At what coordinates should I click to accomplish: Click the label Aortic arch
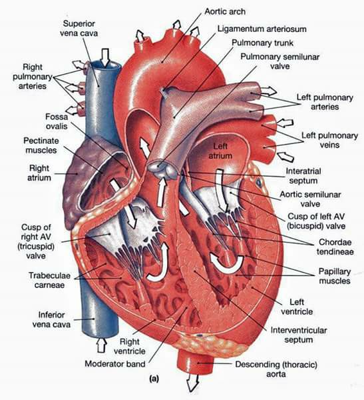pos(225,12)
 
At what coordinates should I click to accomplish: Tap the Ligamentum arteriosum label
pos(262,29)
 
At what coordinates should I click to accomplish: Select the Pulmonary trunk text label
pos(262,43)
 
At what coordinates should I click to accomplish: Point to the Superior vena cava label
pos(79,28)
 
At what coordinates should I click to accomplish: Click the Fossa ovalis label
pos(57,121)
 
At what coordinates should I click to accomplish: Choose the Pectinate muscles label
pos(41,145)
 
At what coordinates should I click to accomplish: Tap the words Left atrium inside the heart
pos(220,151)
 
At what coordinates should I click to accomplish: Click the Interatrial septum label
pos(303,176)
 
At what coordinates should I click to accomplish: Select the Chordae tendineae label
pos(335,247)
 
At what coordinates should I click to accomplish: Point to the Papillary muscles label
pos(335,276)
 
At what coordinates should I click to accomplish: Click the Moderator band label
pos(115,364)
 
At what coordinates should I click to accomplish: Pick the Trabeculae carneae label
pos(49,280)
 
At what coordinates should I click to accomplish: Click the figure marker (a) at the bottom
pos(154,379)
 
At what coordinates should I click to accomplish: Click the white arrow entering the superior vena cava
pos(105,57)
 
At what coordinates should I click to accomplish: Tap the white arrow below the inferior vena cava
pos(101,345)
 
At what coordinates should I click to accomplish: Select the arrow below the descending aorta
pos(192,382)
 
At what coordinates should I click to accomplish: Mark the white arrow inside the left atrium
pos(220,191)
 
